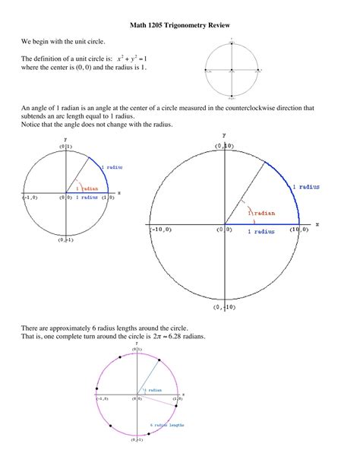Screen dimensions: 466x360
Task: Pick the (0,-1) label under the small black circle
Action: click(x=65, y=240)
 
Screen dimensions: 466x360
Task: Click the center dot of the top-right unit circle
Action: click(x=232, y=69)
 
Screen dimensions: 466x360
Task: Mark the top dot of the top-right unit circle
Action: click(x=232, y=41)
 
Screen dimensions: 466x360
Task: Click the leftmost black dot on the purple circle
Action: click(x=96, y=395)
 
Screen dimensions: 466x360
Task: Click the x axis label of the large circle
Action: click(x=317, y=224)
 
